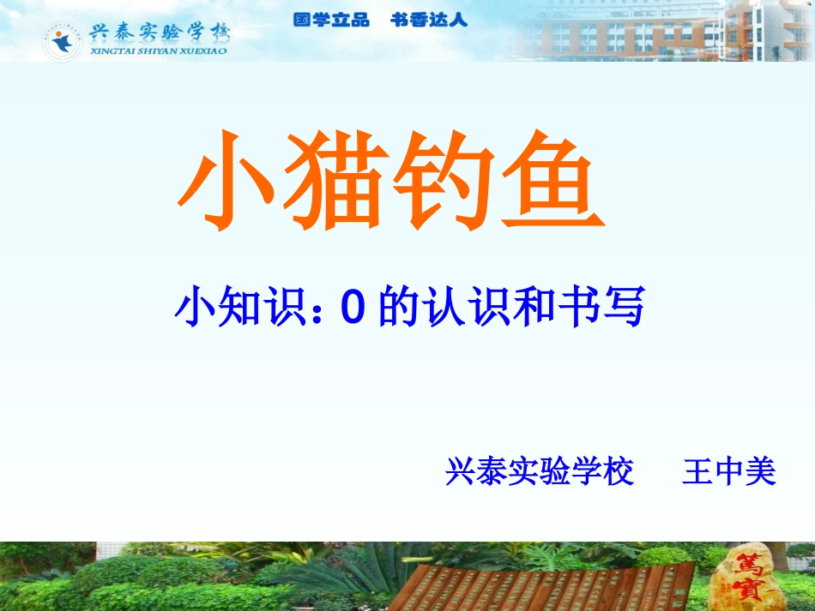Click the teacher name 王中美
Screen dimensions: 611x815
[729, 472]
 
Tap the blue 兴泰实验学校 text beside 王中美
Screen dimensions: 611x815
[540, 472]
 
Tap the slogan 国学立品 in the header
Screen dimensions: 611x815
[331, 20]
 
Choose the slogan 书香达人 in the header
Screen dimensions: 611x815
[429, 20]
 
